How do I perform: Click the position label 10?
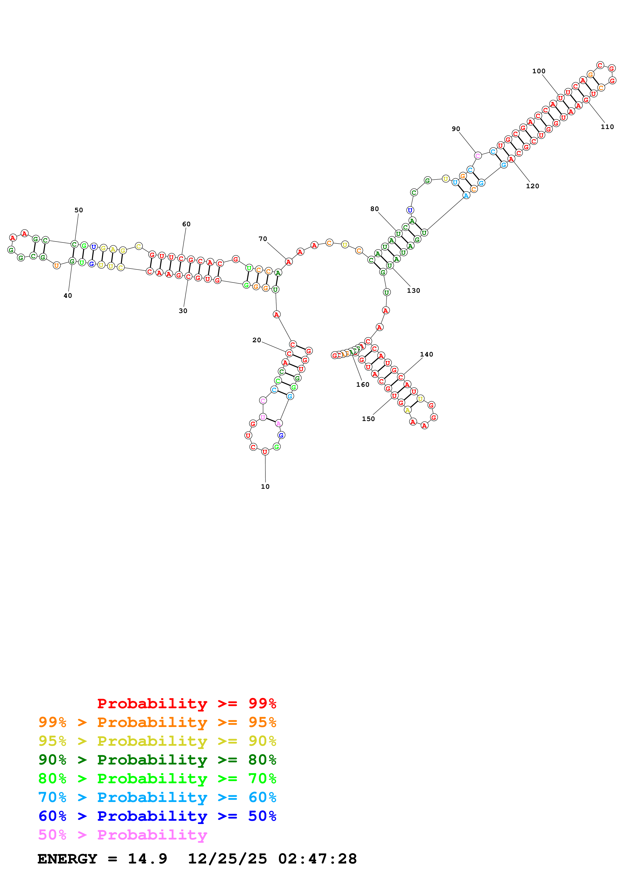point(265,486)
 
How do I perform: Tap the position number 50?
point(79,210)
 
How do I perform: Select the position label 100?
point(539,71)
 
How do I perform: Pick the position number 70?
point(263,239)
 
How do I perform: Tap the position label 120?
point(532,186)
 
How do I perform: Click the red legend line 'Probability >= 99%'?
point(186,703)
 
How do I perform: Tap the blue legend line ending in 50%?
point(157,816)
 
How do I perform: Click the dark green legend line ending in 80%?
point(157,760)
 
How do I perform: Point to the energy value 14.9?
point(148,859)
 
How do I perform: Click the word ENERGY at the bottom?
point(67,859)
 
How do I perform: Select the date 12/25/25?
point(227,859)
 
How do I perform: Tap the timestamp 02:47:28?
point(317,859)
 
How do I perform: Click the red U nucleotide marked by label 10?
point(265,452)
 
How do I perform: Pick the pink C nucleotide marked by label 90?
point(477,155)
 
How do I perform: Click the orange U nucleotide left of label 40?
point(57,265)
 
